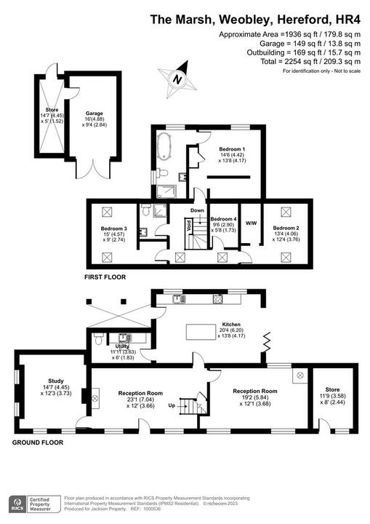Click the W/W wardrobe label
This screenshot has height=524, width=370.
tap(252, 223)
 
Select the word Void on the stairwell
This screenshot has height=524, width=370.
tap(189, 227)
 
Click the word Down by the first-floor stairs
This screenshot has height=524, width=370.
tap(196, 211)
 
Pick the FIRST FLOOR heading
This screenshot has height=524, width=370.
tap(105, 277)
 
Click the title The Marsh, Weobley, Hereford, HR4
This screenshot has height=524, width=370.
tap(255, 20)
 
